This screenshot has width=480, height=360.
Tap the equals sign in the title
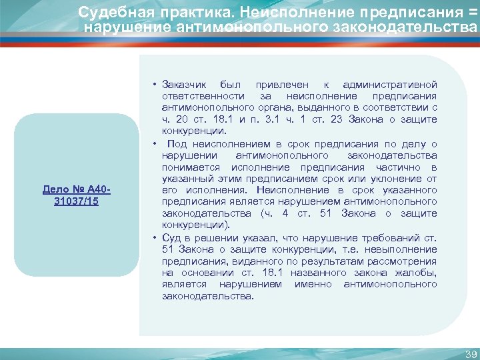tap(473, 13)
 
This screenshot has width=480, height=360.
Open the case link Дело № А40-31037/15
tap(75, 195)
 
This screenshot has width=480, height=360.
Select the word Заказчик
tap(183, 85)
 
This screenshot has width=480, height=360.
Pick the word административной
tap(389, 85)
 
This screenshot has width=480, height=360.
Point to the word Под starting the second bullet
tap(176, 144)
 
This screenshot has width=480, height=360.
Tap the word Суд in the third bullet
tap(171, 238)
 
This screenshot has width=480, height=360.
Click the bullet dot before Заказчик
tap(154, 85)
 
